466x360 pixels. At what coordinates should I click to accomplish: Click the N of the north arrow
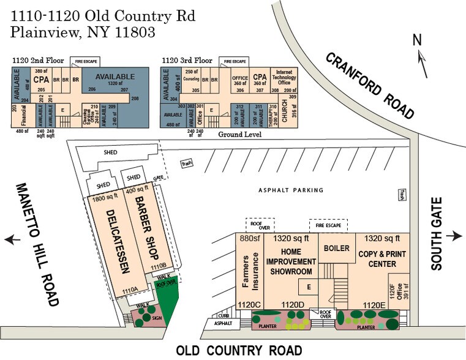click(417, 40)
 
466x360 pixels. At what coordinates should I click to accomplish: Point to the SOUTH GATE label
click(437, 237)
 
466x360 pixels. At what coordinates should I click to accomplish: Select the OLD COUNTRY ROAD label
click(239, 351)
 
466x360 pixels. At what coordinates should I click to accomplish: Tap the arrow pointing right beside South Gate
click(454, 236)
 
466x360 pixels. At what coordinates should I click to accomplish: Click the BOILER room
click(337, 249)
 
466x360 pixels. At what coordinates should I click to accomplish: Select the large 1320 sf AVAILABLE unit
click(115, 75)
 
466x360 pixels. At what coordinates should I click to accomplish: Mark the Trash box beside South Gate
click(402, 194)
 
